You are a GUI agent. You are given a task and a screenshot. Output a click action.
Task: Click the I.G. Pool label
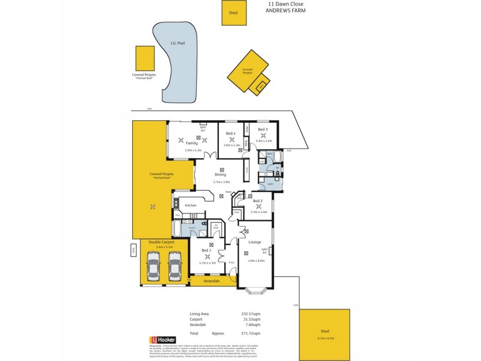(176, 43)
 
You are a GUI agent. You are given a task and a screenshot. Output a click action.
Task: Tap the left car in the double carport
(153, 266)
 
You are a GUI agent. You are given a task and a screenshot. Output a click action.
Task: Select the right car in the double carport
(175, 266)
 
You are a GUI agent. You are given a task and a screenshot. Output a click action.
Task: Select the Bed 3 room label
(263, 129)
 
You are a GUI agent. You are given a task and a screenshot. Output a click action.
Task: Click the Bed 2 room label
(258, 200)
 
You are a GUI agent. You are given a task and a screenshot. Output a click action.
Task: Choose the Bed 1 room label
(206, 250)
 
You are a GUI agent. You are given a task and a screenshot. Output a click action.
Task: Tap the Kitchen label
(191, 205)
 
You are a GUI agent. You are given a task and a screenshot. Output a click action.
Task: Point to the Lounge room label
(255, 242)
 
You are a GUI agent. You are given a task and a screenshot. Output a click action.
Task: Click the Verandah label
(211, 281)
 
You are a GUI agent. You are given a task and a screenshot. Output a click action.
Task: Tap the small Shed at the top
(233, 13)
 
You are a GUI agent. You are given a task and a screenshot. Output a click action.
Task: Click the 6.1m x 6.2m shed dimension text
(325, 338)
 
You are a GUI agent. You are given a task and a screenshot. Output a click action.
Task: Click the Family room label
(192, 143)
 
